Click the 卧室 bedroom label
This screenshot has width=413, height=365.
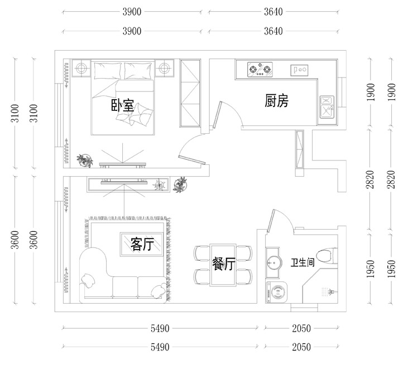click(122, 105)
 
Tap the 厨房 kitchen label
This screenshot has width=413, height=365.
click(276, 101)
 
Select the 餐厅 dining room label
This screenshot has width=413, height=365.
click(223, 264)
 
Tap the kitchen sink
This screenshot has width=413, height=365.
click(326, 106)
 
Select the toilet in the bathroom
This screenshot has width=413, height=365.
click(330, 255)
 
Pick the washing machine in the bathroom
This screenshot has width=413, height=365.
click(275, 293)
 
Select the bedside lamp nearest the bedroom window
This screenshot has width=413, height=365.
click(81, 69)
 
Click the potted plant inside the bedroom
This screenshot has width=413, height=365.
click(85, 160)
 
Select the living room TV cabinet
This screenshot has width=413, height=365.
click(127, 184)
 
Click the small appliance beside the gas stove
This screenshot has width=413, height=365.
click(299, 70)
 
